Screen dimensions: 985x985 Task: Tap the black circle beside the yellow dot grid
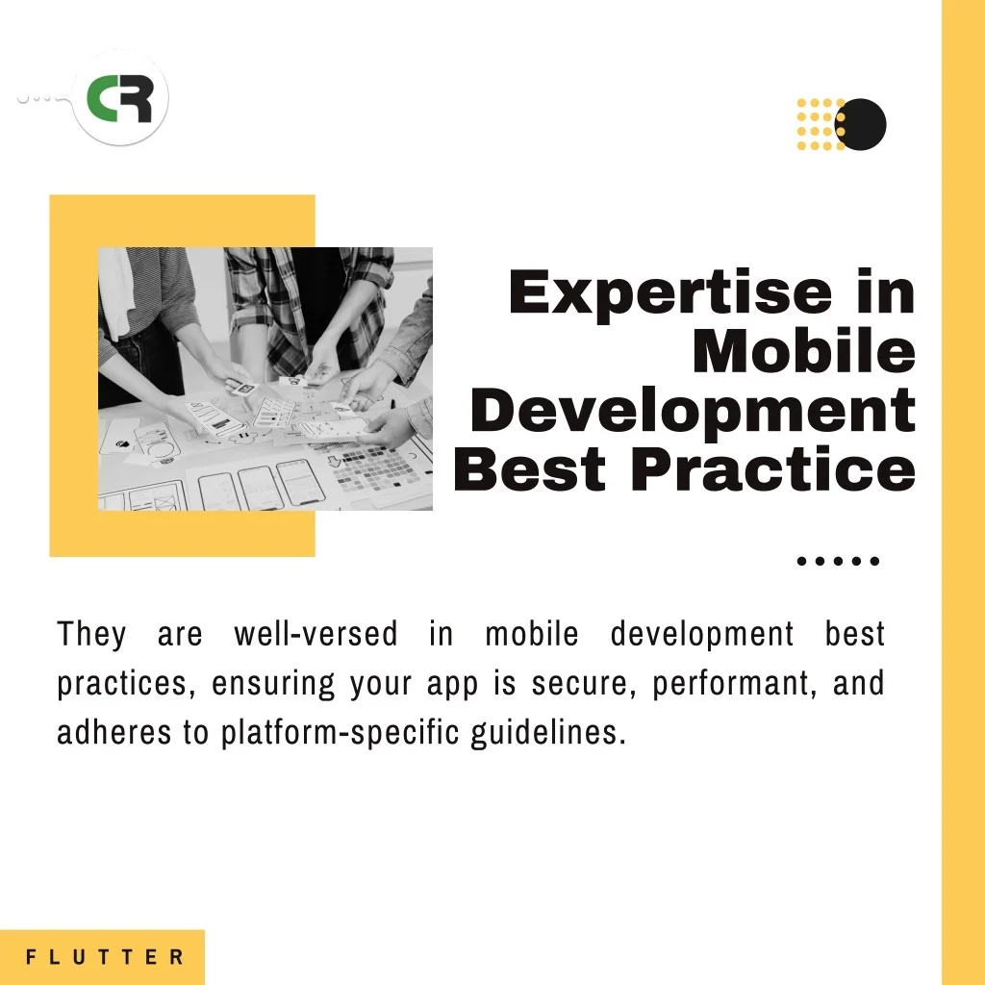tap(861, 124)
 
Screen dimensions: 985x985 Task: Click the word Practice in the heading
tap(773, 468)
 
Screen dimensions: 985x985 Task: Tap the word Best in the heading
tap(530, 469)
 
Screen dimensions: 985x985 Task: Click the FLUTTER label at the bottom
tap(105, 957)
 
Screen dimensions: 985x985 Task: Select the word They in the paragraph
tap(91, 633)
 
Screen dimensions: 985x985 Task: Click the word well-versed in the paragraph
tap(316, 633)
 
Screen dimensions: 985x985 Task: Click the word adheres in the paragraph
tap(114, 732)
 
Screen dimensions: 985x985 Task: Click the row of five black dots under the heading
tap(838, 561)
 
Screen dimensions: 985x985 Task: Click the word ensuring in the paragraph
tap(273, 684)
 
